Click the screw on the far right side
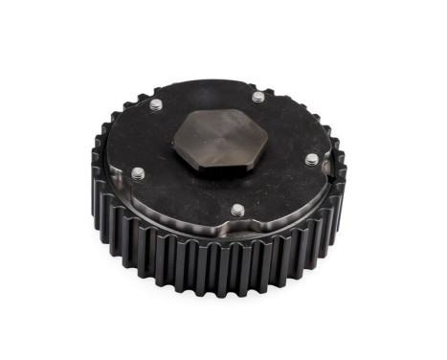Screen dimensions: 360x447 (310, 160)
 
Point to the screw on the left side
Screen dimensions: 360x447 (137, 172)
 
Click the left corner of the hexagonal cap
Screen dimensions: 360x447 (173, 145)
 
